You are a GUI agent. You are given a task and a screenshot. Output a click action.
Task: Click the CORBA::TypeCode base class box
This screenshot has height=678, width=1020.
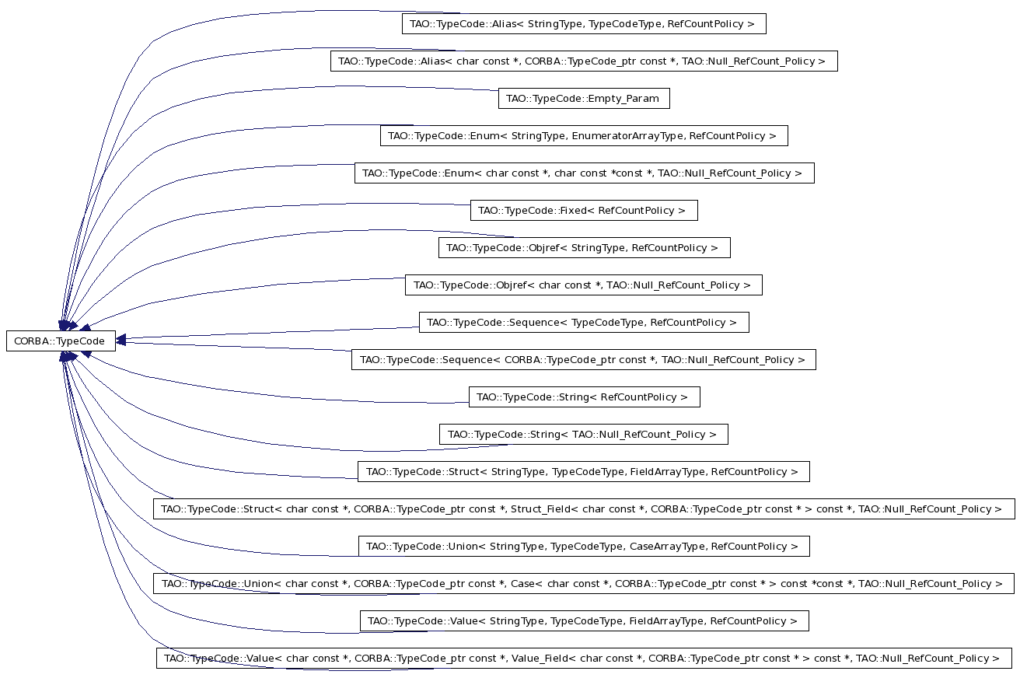(x=61, y=341)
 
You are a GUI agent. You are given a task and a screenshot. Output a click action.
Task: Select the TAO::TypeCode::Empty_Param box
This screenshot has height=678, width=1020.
(x=584, y=98)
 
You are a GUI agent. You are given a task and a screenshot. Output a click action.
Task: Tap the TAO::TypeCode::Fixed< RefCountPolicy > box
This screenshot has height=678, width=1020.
(x=584, y=211)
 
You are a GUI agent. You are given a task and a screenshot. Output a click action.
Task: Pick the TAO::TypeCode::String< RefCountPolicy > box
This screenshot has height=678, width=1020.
(x=584, y=397)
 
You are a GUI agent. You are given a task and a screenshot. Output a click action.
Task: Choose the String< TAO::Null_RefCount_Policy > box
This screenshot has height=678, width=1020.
(x=583, y=435)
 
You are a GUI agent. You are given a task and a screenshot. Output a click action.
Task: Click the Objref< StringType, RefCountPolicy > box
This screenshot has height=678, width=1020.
(x=584, y=248)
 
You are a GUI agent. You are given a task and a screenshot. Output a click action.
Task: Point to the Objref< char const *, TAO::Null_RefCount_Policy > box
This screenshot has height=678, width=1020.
(x=583, y=285)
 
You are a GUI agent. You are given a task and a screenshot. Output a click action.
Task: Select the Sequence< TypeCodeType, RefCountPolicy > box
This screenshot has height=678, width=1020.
(x=584, y=323)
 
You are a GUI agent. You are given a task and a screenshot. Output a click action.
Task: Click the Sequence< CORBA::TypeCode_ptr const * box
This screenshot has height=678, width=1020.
(x=583, y=360)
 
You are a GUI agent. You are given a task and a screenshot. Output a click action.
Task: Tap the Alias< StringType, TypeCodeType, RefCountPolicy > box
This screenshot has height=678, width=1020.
(x=584, y=23)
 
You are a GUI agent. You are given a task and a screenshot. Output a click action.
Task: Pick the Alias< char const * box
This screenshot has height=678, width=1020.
(x=584, y=61)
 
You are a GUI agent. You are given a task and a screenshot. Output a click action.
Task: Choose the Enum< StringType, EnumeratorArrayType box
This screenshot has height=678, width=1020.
(x=584, y=136)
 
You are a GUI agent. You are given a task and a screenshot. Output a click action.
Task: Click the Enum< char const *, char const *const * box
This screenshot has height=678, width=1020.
(x=584, y=173)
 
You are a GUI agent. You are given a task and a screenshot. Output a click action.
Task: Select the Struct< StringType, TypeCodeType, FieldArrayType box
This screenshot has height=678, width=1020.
(x=583, y=472)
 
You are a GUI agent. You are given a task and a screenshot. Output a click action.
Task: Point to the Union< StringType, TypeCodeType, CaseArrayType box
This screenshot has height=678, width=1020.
(x=584, y=547)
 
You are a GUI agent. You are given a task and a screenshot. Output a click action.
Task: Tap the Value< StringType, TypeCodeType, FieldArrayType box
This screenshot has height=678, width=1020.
(x=584, y=621)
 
